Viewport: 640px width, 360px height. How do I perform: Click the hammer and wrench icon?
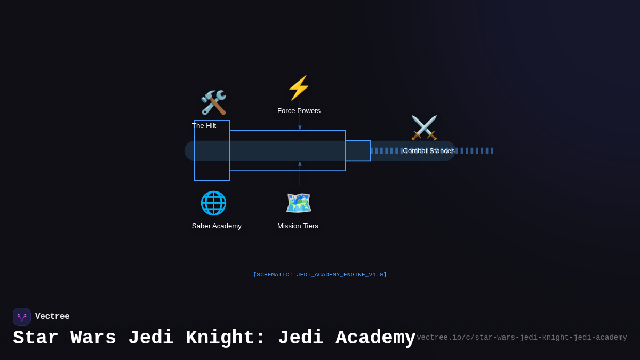[x=213, y=102]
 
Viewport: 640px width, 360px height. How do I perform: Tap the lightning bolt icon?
[x=299, y=88]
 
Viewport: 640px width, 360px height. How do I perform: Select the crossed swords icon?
[x=424, y=128]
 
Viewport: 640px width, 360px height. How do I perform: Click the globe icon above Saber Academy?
[x=213, y=203]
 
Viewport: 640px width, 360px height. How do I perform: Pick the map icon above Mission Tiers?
[x=299, y=203]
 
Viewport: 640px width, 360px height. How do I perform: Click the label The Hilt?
[x=204, y=126]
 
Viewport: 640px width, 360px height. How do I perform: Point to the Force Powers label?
[x=299, y=111]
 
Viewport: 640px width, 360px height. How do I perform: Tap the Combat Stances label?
[x=428, y=151]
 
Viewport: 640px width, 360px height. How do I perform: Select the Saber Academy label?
[x=217, y=226]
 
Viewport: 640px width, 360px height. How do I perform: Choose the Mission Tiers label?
[x=298, y=226]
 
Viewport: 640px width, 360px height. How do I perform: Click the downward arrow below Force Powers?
[x=300, y=127]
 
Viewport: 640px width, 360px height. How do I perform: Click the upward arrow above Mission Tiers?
[x=300, y=164]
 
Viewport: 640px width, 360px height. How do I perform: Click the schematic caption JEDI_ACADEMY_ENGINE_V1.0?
[x=320, y=275]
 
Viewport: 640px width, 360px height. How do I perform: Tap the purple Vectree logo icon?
[x=22, y=317]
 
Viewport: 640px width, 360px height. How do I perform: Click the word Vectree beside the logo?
[x=52, y=317]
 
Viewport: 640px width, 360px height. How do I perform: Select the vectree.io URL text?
[x=522, y=338]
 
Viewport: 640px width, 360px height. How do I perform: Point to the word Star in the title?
[x=36, y=338]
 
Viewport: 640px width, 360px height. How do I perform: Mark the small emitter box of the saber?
[x=357, y=150]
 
